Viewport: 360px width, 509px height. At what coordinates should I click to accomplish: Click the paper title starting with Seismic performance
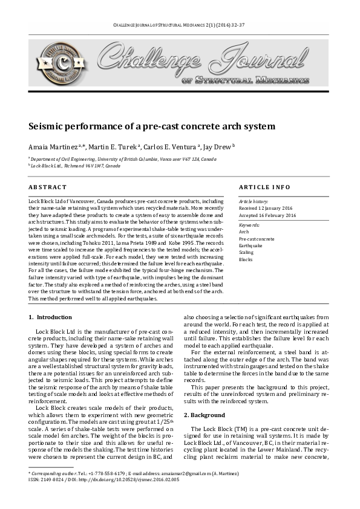(x=152, y=127)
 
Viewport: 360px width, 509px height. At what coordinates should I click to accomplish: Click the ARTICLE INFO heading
(x=264, y=187)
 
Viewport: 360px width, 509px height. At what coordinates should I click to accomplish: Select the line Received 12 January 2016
(x=267, y=208)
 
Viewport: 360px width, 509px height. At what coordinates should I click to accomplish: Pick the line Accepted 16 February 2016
(x=267, y=215)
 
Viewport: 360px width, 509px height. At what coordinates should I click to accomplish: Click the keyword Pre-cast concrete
(x=257, y=239)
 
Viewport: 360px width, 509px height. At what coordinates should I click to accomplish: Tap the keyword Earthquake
(x=250, y=245)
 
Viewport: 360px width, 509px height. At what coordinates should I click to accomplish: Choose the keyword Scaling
(x=246, y=253)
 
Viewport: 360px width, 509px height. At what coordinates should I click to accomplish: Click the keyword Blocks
(x=246, y=259)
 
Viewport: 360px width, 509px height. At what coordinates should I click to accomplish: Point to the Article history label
(x=255, y=201)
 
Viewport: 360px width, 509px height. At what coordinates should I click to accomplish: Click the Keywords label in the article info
(x=249, y=225)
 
